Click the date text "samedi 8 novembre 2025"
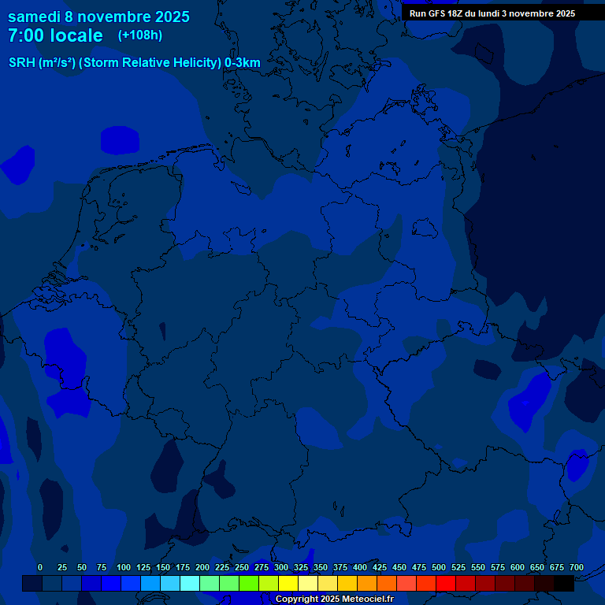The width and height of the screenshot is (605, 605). point(98,16)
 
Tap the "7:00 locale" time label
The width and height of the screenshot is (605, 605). point(55,35)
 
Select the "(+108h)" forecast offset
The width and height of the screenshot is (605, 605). point(140,35)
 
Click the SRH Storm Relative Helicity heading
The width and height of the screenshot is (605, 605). point(134,63)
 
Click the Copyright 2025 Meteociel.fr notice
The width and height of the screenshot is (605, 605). point(334,599)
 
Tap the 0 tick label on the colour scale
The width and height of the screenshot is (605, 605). point(40,567)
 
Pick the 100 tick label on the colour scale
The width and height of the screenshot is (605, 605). point(124,567)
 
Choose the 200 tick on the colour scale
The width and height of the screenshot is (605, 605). point(202,567)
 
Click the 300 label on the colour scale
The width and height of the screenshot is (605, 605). point(281,567)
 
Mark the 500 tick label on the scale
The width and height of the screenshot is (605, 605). point(439,567)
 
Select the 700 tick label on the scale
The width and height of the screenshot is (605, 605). point(576,567)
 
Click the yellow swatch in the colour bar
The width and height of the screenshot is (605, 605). point(288,583)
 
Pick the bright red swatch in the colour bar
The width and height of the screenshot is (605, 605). point(446,583)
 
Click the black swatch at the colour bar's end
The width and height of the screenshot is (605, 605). point(564,583)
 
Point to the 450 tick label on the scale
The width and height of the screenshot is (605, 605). point(399,567)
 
